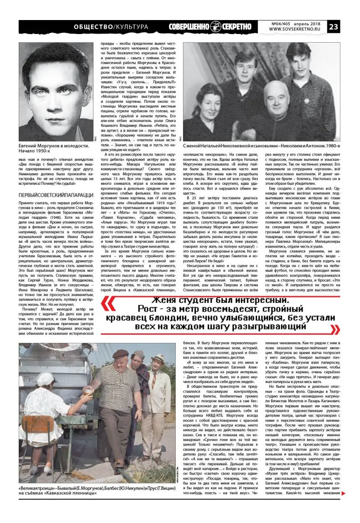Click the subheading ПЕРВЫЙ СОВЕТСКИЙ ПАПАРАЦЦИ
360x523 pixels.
[x=55, y=182]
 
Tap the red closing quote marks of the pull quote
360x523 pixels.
[x=335, y=328]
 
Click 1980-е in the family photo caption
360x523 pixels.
[x=329, y=144]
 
